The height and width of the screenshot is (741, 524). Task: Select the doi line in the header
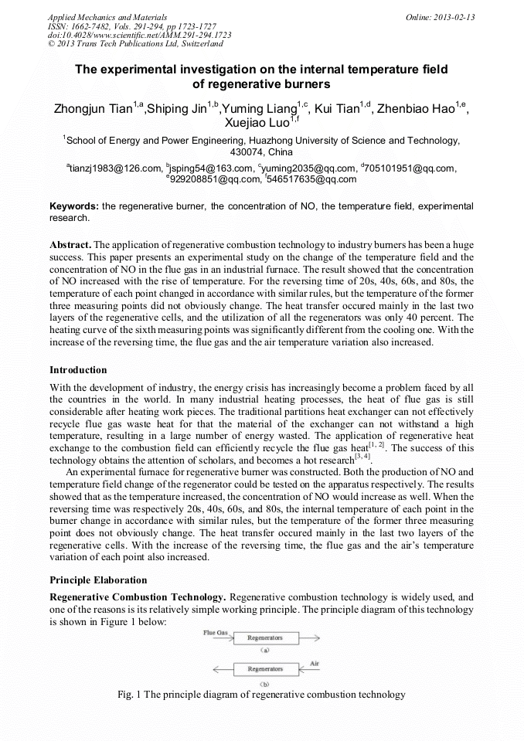coord(140,35)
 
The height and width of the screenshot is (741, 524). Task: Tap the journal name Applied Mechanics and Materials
coord(107,17)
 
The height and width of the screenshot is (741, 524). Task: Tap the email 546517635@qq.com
coord(312,179)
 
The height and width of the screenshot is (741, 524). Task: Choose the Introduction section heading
coord(78,370)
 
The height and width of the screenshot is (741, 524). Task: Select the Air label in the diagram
coord(315,663)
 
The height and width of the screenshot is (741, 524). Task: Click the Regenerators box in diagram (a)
coord(264,638)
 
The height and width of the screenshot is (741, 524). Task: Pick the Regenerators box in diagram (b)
coord(264,669)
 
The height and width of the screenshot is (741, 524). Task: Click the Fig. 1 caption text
coord(261,695)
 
